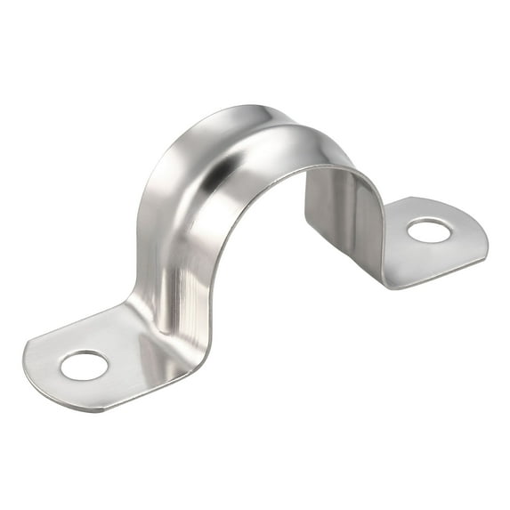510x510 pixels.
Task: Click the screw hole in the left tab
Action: [x=85, y=365]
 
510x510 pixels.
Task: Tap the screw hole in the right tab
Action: [x=429, y=231]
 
